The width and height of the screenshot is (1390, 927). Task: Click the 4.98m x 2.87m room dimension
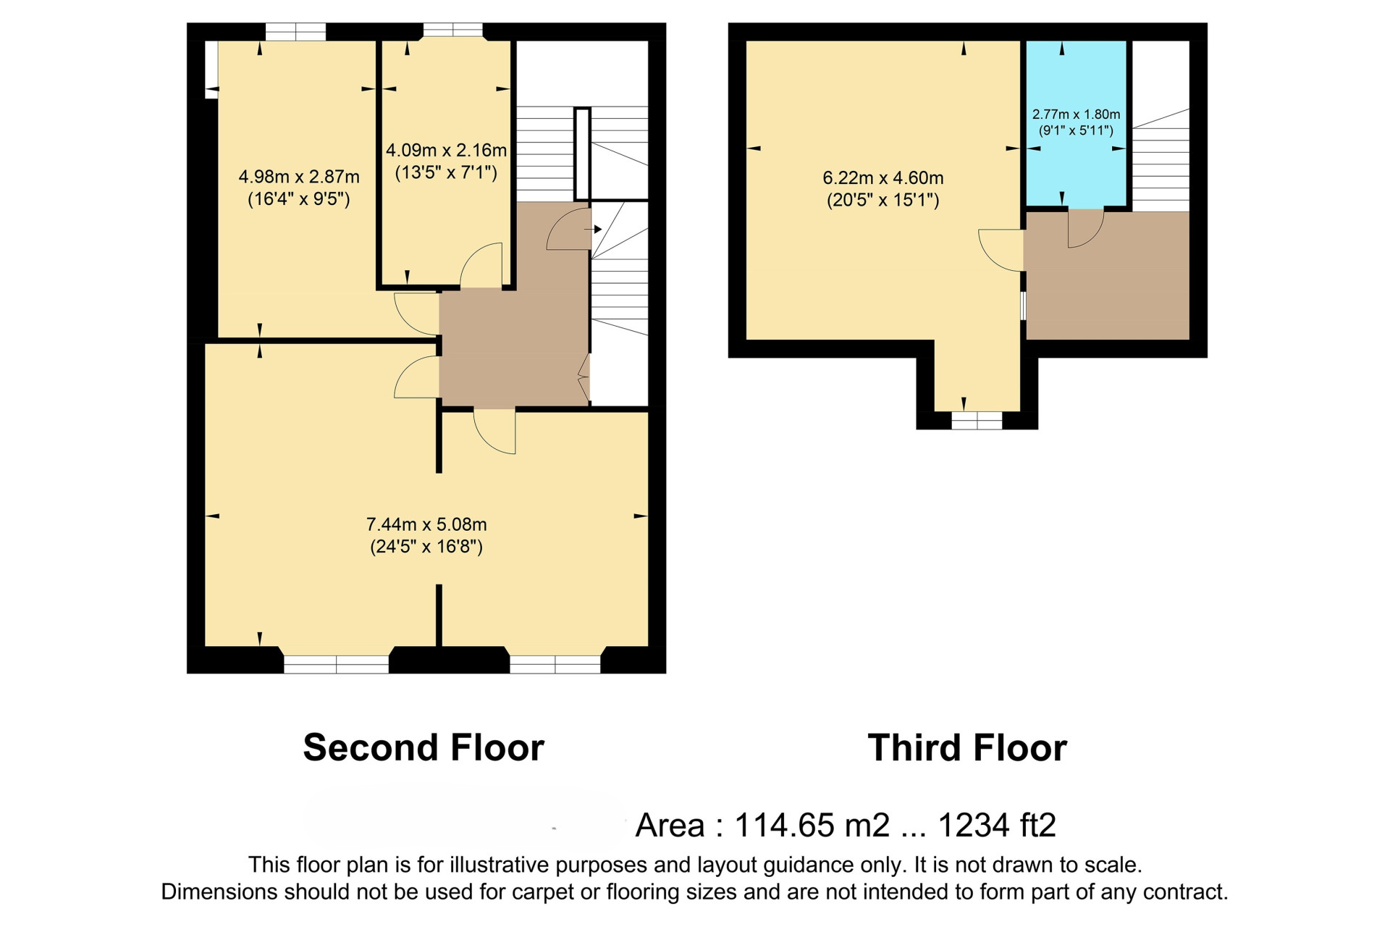[299, 188]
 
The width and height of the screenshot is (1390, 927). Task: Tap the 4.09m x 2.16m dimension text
[446, 162]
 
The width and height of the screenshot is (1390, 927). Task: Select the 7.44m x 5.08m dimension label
[426, 535]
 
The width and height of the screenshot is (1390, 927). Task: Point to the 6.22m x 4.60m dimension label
[883, 189]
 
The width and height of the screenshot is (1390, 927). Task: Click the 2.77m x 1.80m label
[1076, 122]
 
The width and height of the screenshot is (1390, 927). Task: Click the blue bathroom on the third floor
[1076, 123]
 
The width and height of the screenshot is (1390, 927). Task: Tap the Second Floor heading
[424, 747]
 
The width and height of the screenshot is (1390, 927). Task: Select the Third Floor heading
[967, 747]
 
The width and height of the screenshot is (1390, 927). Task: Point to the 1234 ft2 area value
[997, 825]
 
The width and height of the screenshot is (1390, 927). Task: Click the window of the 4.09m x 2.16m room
[452, 30]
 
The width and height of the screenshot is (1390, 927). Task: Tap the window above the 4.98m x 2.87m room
[295, 32]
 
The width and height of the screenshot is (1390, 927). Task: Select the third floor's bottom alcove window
[977, 421]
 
